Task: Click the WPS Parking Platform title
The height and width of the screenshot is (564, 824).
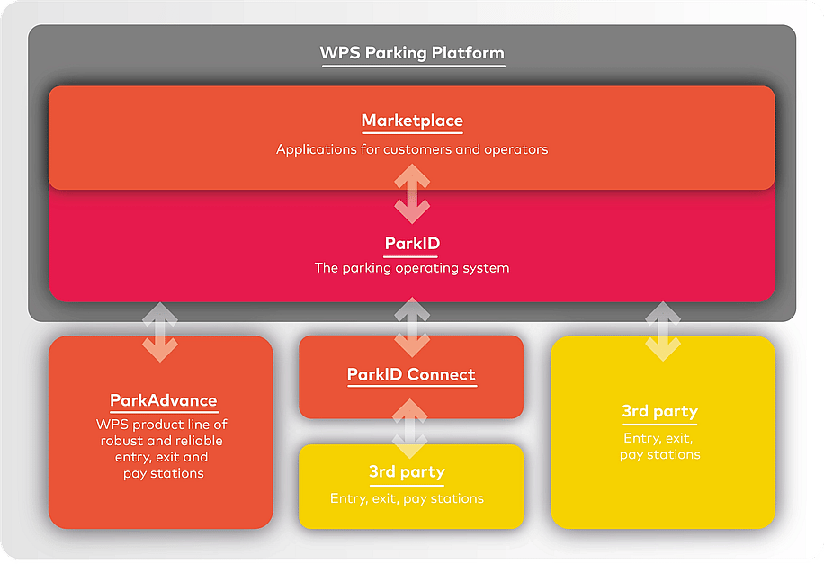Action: click(x=412, y=52)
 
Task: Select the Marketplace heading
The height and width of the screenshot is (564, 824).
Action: click(x=412, y=121)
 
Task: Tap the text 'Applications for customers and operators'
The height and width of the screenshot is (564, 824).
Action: click(x=412, y=149)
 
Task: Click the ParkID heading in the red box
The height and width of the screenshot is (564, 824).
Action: click(x=412, y=244)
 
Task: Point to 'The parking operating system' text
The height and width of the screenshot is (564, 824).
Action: click(x=412, y=267)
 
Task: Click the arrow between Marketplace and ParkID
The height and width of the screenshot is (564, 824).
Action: click(x=412, y=193)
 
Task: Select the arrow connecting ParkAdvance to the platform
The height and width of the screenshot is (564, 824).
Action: click(x=160, y=332)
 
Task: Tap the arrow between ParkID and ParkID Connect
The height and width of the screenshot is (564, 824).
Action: click(x=412, y=330)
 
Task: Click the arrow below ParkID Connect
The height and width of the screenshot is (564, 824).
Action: click(x=412, y=430)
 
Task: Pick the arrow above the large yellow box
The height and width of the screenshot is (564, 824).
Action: click(x=663, y=332)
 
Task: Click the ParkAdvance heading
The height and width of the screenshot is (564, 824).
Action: click(x=163, y=400)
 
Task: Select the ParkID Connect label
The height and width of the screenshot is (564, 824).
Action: click(x=411, y=374)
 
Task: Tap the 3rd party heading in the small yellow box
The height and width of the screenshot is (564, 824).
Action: click(x=407, y=471)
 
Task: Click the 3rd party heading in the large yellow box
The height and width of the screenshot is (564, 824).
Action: click(x=659, y=412)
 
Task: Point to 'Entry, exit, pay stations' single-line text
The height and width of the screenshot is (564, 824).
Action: click(x=407, y=498)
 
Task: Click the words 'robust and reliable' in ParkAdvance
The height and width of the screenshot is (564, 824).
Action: click(x=161, y=441)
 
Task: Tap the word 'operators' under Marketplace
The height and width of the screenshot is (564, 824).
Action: click(x=516, y=149)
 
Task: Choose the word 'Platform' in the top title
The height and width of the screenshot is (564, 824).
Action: click(x=468, y=52)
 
